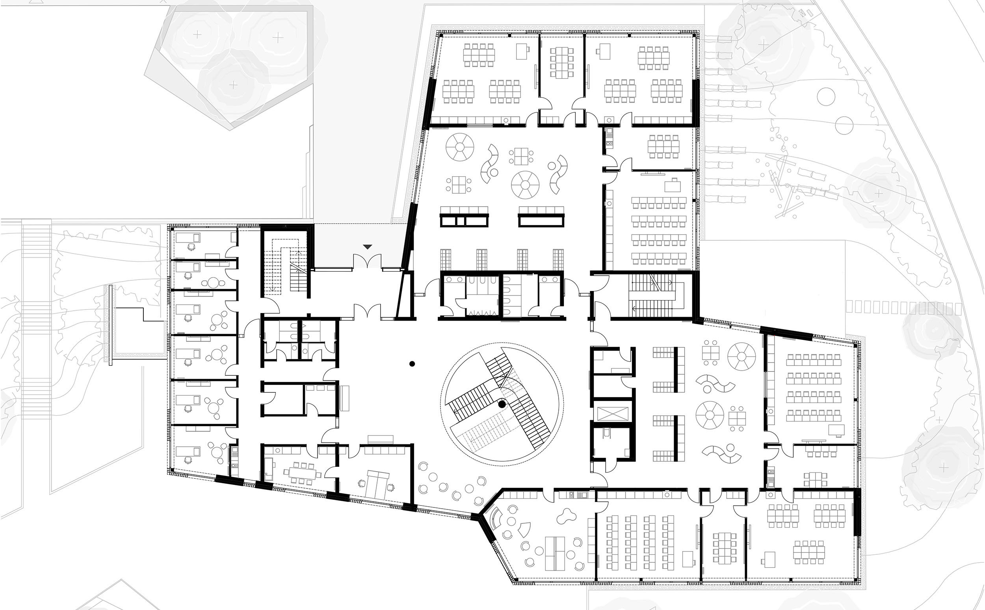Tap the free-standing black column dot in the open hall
coord(412,364)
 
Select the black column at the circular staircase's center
coord(502,404)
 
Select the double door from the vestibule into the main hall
coord(367,312)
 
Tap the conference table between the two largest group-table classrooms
coord(562,63)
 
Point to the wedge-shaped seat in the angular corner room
coord(524,529)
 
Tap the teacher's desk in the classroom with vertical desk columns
coord(688,559)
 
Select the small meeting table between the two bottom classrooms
coord(724,548)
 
